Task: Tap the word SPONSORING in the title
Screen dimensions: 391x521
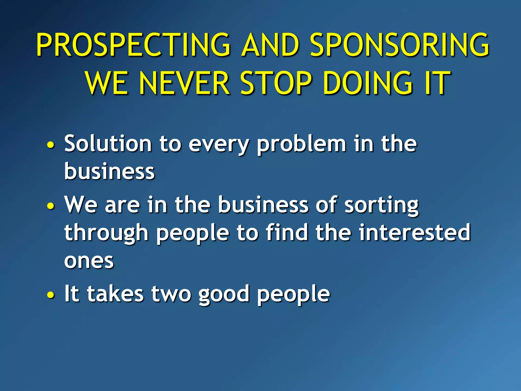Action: (x=399, y=45)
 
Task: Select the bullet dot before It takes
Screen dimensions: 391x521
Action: (x=51, y=295)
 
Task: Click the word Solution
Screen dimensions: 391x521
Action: (x=108, y=144)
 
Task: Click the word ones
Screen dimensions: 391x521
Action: (x=89, y=261)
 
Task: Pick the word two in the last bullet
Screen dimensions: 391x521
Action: (x=171, y=294)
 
